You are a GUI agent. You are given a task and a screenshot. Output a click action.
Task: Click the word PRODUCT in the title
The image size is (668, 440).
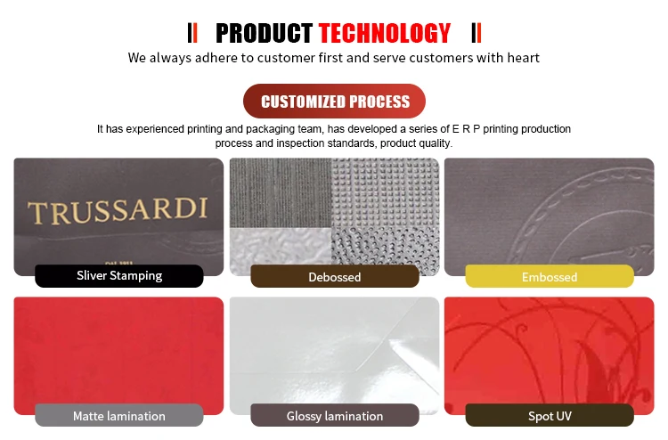(265, 33)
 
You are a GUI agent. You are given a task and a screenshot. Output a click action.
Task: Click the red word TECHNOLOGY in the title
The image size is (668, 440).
(385, 33)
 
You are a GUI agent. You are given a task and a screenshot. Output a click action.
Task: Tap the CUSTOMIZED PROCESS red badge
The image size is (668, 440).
(334, 101)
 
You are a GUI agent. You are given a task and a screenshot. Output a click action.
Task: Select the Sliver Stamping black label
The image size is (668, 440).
(119, 275)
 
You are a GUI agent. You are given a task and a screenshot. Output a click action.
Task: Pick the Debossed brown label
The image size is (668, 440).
(335, 277)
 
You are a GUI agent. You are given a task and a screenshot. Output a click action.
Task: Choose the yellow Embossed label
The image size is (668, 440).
(550, 277)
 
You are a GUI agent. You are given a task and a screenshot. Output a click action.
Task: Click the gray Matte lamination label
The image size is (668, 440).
(119, 416)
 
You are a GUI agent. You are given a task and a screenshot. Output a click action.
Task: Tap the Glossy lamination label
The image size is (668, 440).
(335, 416)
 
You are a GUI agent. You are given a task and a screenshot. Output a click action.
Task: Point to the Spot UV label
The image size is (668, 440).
(550, 416)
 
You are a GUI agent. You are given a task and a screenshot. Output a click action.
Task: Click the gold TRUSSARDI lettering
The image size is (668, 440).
(118, 210)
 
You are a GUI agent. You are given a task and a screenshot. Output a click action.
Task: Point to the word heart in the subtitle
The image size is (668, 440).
(523, 58)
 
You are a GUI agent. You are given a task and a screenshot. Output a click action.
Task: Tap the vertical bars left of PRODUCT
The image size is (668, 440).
(192, 33)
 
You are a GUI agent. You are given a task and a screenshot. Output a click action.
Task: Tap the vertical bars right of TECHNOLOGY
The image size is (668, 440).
(477, 33)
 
